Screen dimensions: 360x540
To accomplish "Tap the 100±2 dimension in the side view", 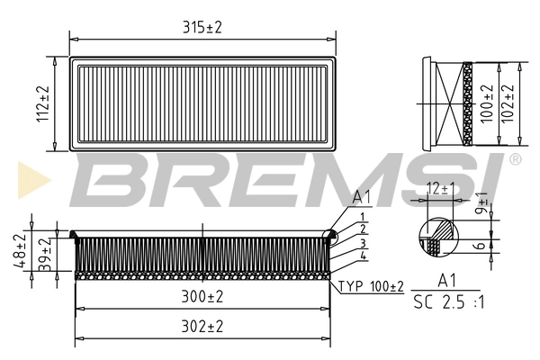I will (486, 104).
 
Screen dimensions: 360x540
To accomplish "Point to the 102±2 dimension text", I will (511, 104).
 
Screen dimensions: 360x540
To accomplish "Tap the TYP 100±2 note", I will (371, 287).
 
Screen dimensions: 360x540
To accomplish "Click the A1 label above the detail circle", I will (361, 197).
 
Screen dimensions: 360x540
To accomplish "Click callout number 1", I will (361, 217).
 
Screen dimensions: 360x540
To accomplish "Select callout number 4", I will (361, 257).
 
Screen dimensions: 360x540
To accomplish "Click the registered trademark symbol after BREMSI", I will (516, 159).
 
